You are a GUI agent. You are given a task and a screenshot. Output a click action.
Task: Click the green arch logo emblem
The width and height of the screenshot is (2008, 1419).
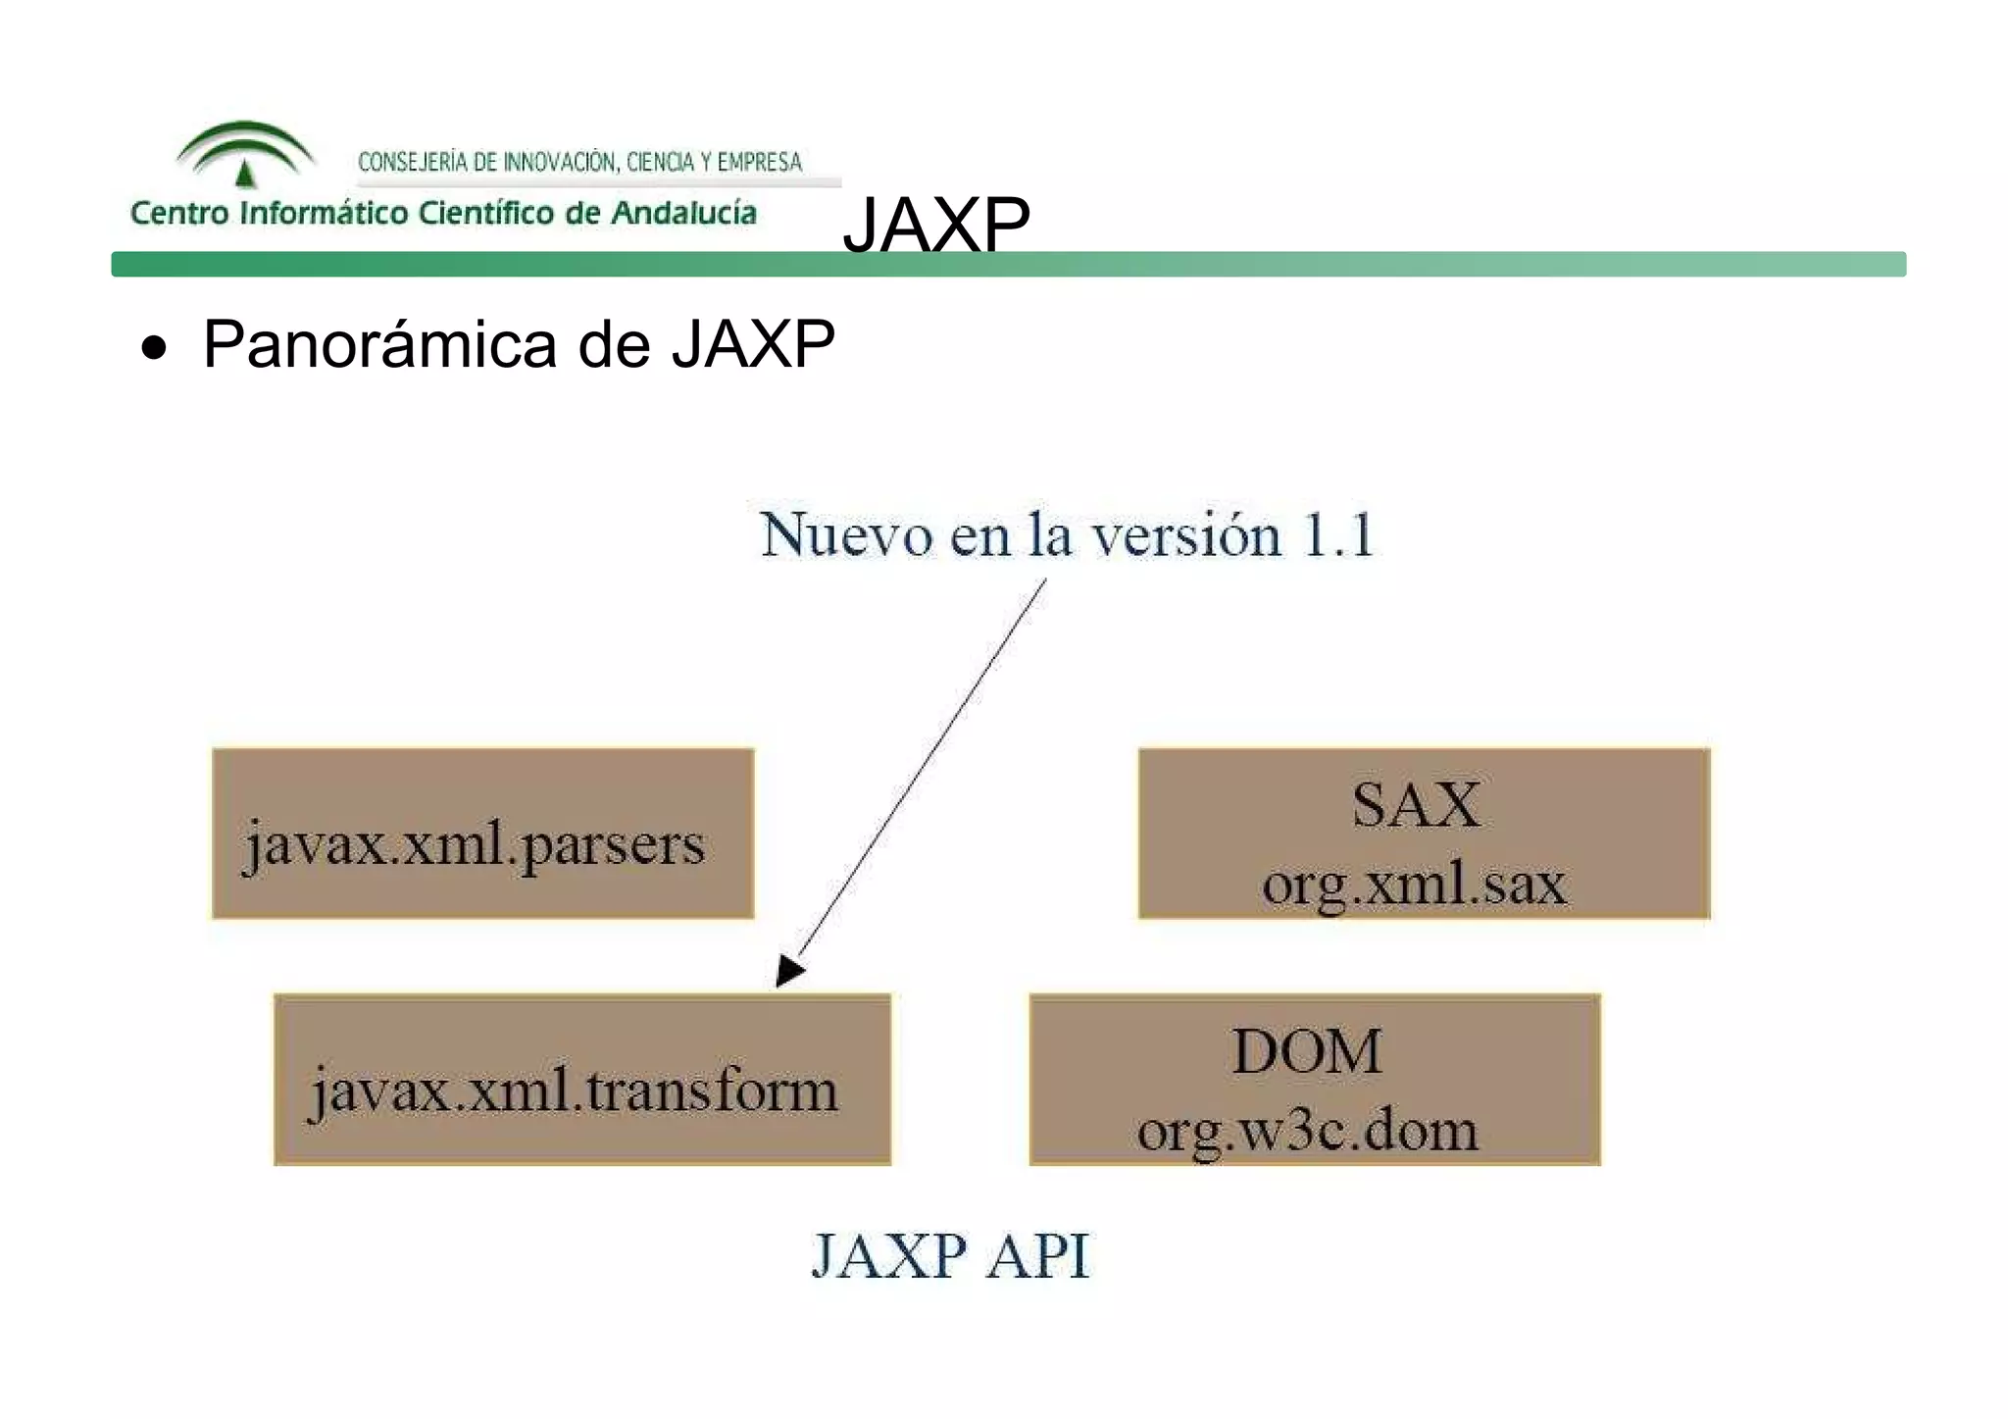point(245,153)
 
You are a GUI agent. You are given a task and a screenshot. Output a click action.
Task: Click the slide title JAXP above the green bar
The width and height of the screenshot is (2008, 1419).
point(936,225)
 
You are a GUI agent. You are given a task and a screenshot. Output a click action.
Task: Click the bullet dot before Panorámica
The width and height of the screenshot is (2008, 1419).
point(154,348)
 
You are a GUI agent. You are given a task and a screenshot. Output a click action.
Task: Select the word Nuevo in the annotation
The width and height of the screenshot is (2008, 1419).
point(846,535)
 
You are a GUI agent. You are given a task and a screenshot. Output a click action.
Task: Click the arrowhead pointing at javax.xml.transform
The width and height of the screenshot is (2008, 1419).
point(789,970)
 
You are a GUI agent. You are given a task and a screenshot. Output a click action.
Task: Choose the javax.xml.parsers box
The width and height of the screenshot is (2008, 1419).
point(482,834)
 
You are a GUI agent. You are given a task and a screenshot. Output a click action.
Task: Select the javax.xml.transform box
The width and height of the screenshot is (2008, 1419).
point(582,1080)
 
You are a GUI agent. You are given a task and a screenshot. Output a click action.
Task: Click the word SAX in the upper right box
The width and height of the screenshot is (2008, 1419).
point(1416,805)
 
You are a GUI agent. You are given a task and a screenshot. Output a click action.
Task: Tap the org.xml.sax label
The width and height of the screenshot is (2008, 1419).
point(1414,884)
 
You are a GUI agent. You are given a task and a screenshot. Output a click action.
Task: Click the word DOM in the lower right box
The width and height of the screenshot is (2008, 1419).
point(1307,1051)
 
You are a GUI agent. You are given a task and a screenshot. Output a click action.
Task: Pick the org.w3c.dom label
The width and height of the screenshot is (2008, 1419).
point(1307,1131)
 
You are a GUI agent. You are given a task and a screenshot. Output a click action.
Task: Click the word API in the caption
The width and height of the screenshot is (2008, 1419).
point(1037,1255)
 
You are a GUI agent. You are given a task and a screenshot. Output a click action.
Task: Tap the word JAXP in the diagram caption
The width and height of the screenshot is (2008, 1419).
point(889,1255)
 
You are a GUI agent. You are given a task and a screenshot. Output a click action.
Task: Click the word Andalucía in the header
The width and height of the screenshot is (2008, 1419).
point(683,213)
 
